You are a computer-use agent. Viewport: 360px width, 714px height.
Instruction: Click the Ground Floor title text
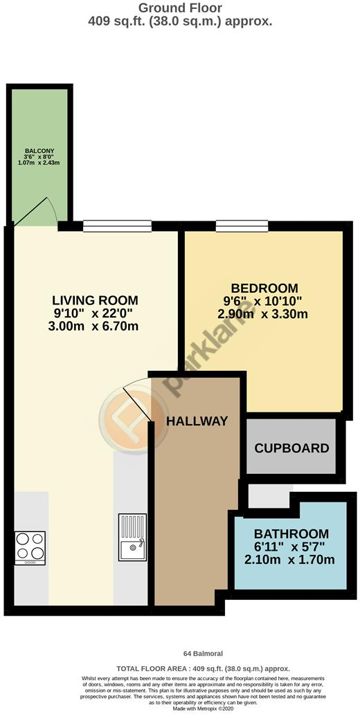[180, 8]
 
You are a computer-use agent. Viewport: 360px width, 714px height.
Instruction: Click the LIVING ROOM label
[95, 300]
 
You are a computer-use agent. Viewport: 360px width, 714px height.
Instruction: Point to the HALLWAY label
[197, 421]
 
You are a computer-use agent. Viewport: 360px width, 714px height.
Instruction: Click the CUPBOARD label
[291, 448]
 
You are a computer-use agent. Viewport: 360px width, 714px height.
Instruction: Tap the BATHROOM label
[291, 533]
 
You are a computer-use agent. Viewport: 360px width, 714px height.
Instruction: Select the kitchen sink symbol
[132, 537]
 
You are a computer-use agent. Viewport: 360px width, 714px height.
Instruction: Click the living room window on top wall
[117, 225]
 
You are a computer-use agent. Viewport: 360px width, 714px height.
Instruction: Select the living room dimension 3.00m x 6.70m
[95, 326]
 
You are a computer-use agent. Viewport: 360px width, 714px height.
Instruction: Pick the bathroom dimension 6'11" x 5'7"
[291, 547]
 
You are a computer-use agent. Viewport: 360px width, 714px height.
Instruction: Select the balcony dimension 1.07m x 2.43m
[39, 163]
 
